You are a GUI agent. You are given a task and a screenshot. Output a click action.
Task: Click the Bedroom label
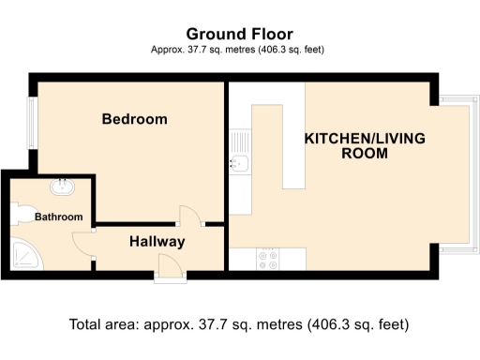click(x=135, y=119)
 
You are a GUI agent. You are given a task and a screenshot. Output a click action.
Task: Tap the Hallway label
click(x=157, y=241)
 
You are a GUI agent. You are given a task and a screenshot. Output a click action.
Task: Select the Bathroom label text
click(x=59, y=217)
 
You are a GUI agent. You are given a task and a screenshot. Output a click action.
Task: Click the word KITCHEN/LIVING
click(x=365, y=138)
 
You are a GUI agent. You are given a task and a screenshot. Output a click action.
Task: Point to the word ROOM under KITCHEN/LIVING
click(x=365, y=154)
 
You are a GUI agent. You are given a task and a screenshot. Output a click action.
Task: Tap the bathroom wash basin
click(x=63, y=186)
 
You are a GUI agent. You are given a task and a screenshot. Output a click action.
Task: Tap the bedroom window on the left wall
click(x=31, y=122)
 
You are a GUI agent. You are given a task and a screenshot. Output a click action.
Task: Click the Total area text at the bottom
click(x=239, y=325)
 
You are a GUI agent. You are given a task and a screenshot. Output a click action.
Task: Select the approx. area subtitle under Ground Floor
click(x=238, y=49)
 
